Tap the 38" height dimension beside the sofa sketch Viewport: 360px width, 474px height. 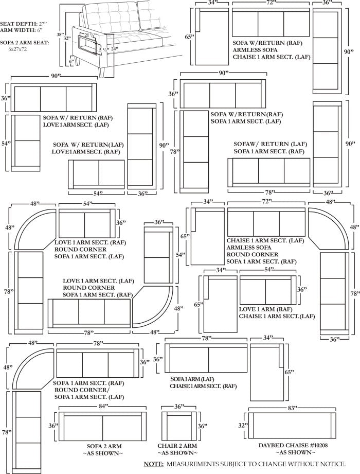click(61, 34)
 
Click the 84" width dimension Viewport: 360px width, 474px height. click(104, 407)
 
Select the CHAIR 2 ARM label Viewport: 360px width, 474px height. click(177, 446)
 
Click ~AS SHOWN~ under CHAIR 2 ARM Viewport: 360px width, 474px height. click(177, 453)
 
